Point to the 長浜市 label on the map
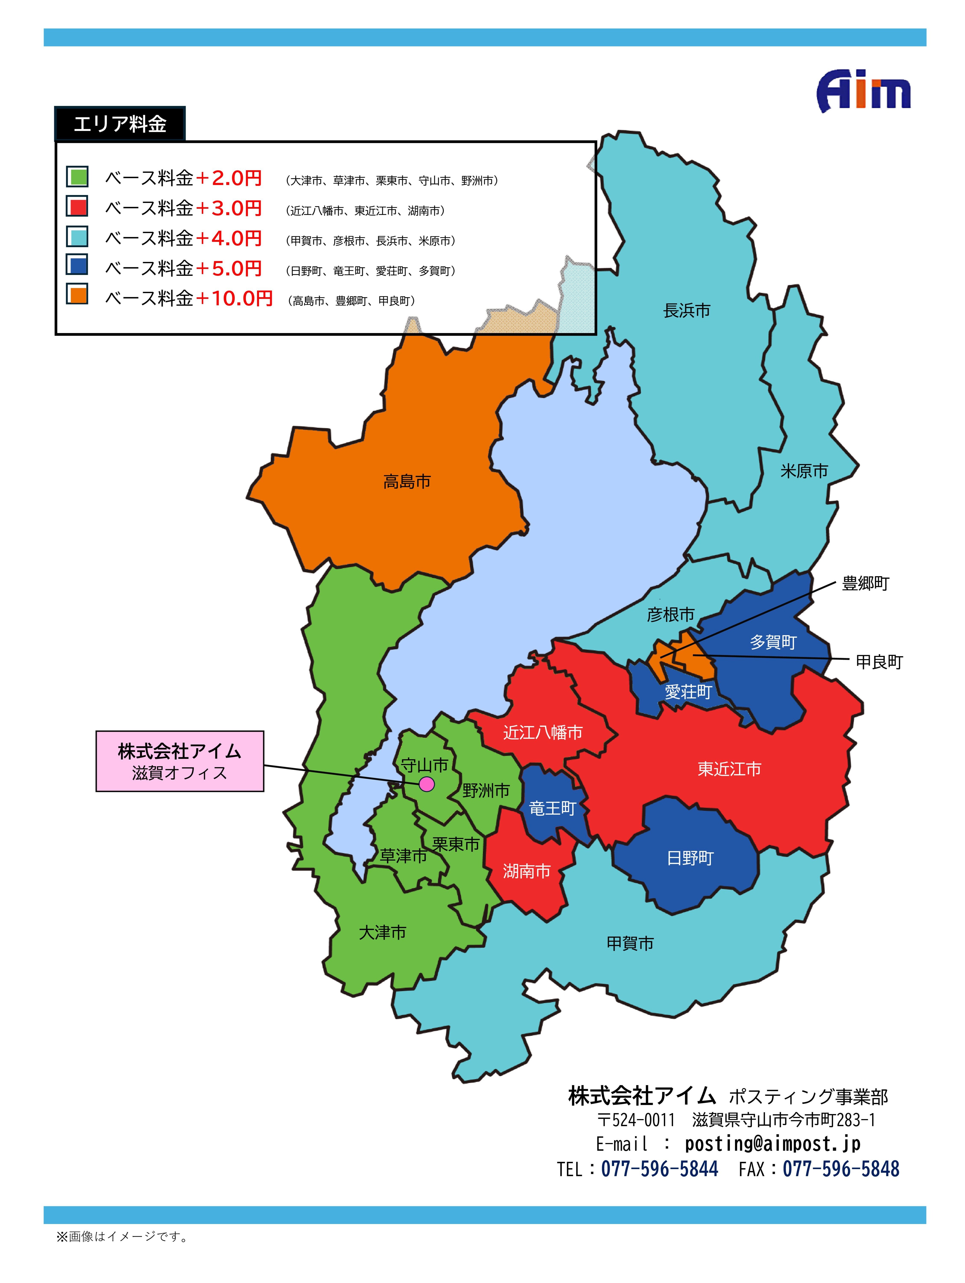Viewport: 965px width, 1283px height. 687,311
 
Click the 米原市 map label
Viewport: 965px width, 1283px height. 804,471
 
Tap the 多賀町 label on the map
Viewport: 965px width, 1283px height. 773,642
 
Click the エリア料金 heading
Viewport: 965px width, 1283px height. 120,123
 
